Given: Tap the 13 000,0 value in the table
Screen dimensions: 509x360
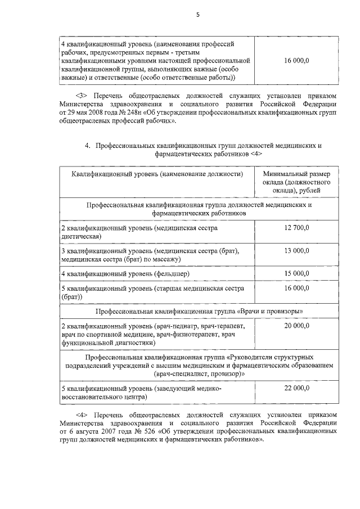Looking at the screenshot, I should [296, 250].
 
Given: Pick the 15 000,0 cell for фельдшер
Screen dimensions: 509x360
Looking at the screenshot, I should [296, 273].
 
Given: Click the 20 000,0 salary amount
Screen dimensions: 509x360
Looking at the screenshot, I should [296, 326].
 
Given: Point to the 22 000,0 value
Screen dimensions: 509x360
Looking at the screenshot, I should [296, 388].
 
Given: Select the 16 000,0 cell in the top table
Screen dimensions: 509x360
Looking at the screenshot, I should [296, 60].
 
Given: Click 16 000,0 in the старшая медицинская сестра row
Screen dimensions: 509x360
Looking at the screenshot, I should [296, 288].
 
